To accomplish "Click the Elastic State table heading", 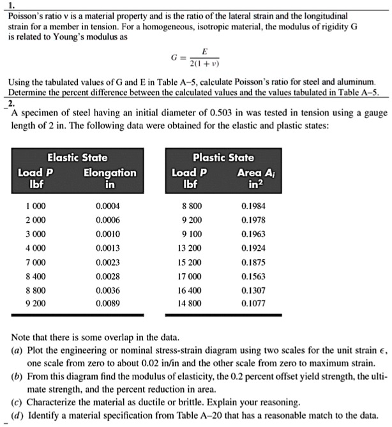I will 77,157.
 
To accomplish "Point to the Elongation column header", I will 110,172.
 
